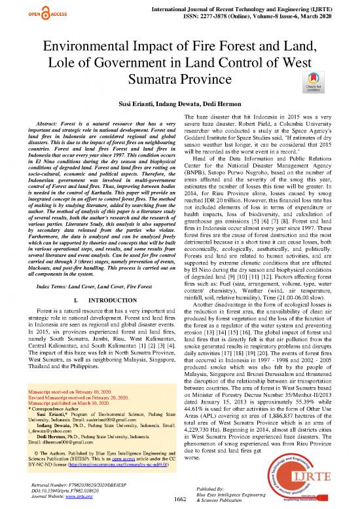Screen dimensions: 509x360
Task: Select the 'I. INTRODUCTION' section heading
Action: point(94,301)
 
